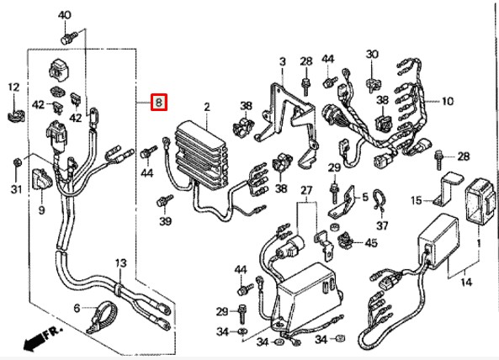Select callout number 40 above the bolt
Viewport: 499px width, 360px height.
pos(65,16)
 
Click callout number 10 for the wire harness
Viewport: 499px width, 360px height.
pos(447,102)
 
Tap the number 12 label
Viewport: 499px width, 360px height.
pos(13,87)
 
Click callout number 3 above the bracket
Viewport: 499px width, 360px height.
pos(282,61)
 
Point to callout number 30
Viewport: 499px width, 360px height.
pos(373,55)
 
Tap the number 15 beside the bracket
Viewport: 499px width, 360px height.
pos(415,200)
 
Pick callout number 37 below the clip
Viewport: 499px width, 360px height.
pos(382,225)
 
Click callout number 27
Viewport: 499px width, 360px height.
pos(305,190)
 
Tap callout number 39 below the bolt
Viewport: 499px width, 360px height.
pos(165,221)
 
